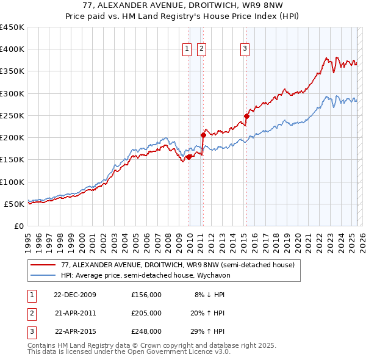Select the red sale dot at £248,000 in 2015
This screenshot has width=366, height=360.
click(x=247, y=116)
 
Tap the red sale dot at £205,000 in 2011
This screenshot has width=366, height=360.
click(x=203, y=135)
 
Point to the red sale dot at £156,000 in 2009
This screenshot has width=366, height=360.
click(x=189, y=157)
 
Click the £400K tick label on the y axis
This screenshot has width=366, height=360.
click(x=12, y=49)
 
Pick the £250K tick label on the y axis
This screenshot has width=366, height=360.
click(x=12, y=115)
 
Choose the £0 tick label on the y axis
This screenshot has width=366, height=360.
click(x=18, y=226)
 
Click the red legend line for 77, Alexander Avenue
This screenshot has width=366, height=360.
click(x=43, y=265)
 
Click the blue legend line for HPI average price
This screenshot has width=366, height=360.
click(x=43, y=275)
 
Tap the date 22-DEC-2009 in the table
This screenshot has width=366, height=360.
click(x=74, y=295)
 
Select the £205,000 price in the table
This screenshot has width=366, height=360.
click(x=146, y=313)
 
